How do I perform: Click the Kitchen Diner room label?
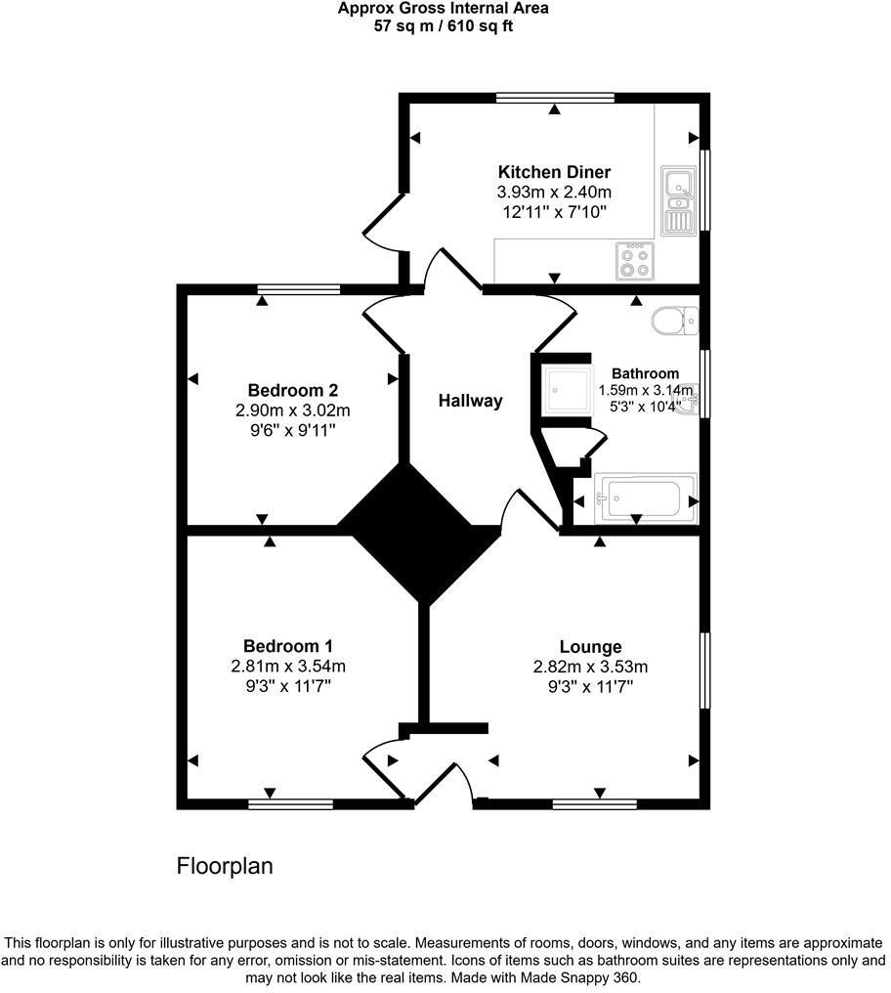[x=554, y=172]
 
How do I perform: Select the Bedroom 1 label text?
[x=288, y=646]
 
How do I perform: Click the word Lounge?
[x=590, y=646]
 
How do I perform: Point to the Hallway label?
[x=470, y=400]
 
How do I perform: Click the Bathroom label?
[x=645, y=373]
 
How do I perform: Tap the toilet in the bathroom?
[x=675, y=319]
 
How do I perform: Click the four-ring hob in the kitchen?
[x=632, y=259]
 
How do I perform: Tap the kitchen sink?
[x=676, y=199]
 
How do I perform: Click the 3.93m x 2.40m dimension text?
[x=554, y=193]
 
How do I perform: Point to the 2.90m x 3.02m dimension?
[x=293, y=410]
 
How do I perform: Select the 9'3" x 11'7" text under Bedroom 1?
[x=288, y=687]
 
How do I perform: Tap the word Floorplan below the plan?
[x=224, y=866]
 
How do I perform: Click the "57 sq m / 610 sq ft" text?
[x=444, y=26]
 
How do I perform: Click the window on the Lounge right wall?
[x=704, y=669]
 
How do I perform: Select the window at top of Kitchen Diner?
[x=554, y=97]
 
